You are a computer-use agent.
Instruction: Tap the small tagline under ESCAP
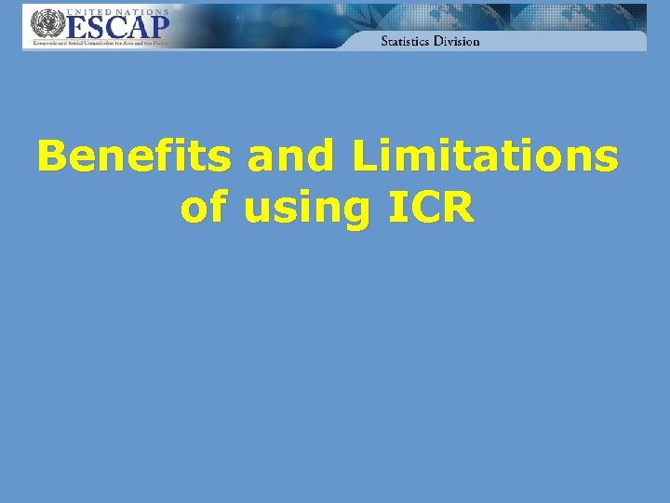click(x=100, y=43)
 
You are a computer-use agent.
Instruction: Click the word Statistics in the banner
click(x=409, y=41)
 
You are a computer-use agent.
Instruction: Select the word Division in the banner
click(x=459, y=41)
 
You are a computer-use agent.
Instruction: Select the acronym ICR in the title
click(x=432, y=208)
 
